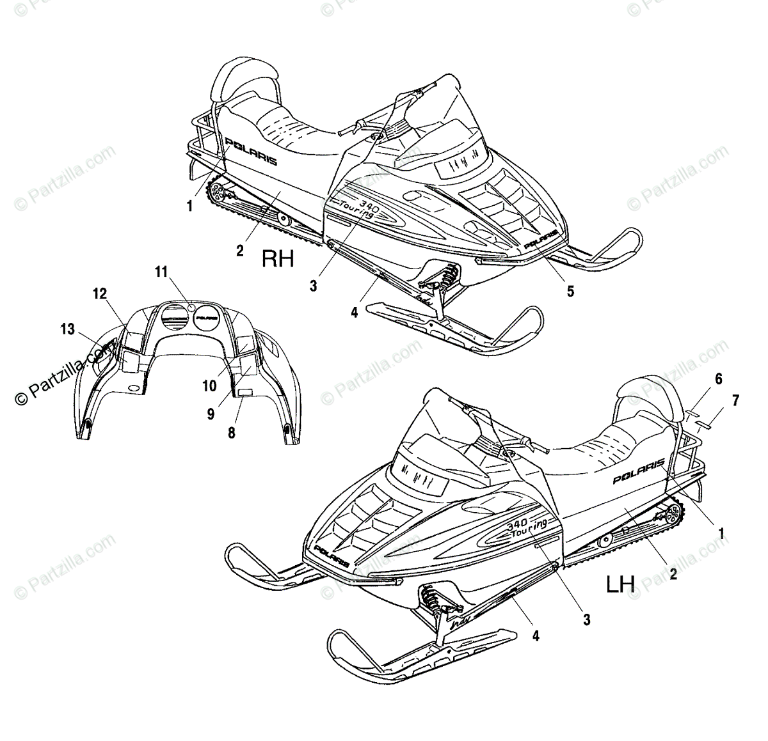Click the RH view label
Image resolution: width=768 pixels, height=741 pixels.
pyautogui.click(x=277, y=258)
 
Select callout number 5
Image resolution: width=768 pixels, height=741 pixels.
pyautogui.click(x=570, y=292)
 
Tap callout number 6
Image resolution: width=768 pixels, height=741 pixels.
pyautogui.click(x=719, y=378)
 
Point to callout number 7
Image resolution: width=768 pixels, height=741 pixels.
pyautogui.click(x=735, y=401)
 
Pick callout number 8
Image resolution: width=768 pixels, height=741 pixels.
pyautogui.click(x=232, y=433)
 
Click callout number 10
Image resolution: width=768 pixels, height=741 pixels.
pyautogui.click(x=210, y=386)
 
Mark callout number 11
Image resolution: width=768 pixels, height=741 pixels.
pyautogui.click(x=160, y=272)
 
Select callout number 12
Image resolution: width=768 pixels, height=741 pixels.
pyautogui.click(x=99, y=293)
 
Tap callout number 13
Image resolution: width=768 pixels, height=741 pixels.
pyautogui.click(x=68, y=329)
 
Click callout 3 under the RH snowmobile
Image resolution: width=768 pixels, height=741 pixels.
pyautogui.click(x=313, y=286)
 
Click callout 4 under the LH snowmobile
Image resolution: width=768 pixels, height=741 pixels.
pyautogui.click(x=536, y=636)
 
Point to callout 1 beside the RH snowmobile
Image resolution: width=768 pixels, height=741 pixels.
pyautogui.click(x=189, y=206)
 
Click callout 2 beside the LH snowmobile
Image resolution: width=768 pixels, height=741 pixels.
pyautogui.click(x=673, y=574)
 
